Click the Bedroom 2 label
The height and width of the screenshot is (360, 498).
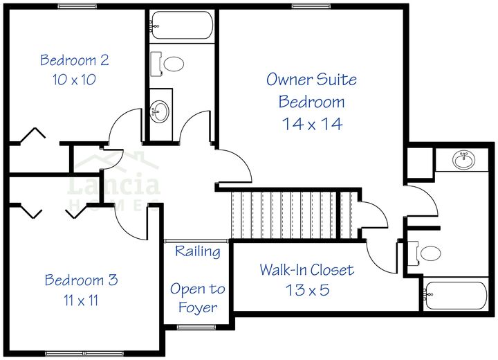click(x=74, y=60)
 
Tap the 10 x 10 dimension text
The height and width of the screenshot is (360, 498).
click(x=74, y=79)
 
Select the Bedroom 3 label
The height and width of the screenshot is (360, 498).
click(x=81, y=280)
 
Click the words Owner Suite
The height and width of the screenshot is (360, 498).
click(x=312, y=80)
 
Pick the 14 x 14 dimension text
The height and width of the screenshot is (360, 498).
click(x=312, y=124)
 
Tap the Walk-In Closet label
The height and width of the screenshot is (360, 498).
click(x=306, y=270)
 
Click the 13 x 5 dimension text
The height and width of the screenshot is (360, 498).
click(x=306, y=289)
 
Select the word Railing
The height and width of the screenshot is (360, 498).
click(x=197, y=251)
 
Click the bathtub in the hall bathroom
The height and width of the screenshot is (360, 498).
click(x=182, y=26)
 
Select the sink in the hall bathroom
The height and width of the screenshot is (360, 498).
click(x=161, y=111)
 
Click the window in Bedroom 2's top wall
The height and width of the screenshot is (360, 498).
click(x=77, y=6)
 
